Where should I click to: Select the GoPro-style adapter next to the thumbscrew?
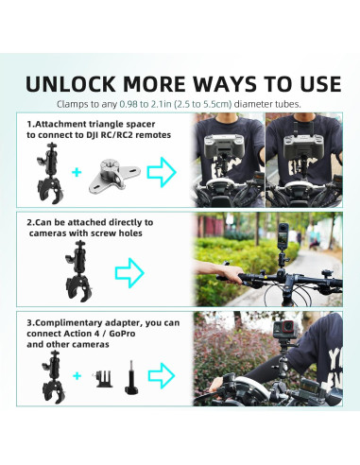(99, 380)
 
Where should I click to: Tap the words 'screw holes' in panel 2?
(94, 232)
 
